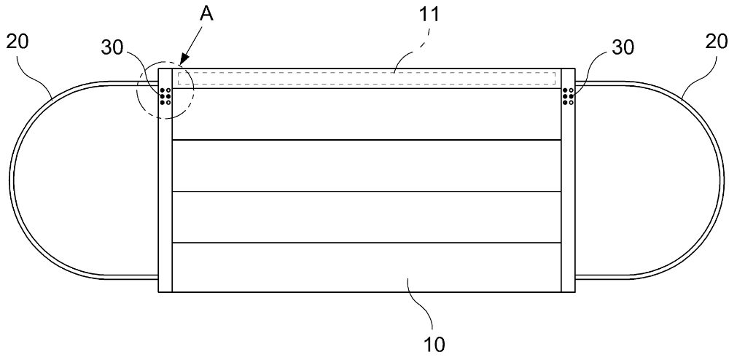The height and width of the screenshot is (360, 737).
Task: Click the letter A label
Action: [206, 15]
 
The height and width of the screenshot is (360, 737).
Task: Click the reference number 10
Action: [434, 343]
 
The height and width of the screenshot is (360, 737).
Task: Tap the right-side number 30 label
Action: [621, 47]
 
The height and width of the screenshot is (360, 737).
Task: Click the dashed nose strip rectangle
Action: [364, 79]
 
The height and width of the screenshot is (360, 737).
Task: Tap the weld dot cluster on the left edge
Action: [165, 96]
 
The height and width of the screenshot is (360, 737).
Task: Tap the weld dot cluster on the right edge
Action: [568, 96]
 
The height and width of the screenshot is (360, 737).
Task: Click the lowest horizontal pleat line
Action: [364, 243]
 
